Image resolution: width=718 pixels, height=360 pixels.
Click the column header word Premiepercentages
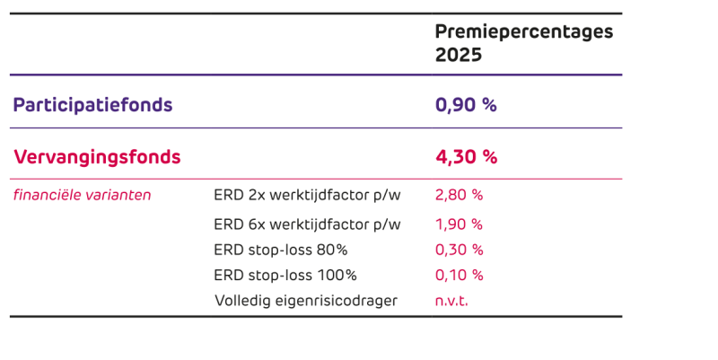(524, 32)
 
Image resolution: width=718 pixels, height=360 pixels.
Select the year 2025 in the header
(459, 55)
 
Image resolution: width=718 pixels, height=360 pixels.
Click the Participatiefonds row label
(92, 105)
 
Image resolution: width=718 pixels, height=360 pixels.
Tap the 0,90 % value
(466, 105)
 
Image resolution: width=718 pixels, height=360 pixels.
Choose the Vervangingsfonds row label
(97, 157)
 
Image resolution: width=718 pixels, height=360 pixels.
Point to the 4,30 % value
(466, 157)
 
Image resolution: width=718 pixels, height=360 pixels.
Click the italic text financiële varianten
(82, 195)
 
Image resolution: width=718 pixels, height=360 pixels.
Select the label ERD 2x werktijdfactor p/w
(307, 195)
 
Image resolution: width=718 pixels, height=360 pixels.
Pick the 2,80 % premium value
(459, 195)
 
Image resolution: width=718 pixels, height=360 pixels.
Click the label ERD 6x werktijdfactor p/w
(307, 224)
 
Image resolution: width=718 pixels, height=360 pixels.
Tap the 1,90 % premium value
(459, 224)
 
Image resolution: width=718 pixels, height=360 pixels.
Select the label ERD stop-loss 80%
(281, 250)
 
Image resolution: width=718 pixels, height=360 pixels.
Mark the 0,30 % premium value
(459, 250)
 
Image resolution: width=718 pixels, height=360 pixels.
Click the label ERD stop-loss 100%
(285, 275)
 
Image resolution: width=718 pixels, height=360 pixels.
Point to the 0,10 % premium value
(459, 275)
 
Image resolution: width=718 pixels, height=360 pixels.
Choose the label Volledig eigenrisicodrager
(305, 301)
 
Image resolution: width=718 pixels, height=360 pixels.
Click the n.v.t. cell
(451, 301)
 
